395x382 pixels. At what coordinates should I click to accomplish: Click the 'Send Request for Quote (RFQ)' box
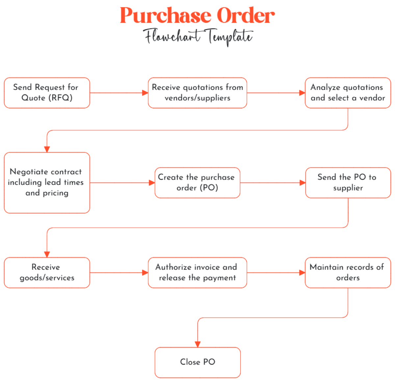pos(47,93)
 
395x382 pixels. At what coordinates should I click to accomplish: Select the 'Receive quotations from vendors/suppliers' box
pos(197,93)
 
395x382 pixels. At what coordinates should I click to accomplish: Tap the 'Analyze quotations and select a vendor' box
pos(348,93)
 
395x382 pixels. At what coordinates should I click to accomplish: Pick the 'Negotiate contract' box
pos(47,183)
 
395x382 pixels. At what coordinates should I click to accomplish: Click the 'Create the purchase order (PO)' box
pos(197,183)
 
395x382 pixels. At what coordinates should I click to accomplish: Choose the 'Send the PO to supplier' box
pos(348,183)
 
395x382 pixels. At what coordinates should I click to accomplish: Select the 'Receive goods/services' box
pos(47,273)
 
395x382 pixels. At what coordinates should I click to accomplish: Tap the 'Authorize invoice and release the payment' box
pos(197,273)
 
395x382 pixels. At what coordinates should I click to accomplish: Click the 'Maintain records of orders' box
pos(348,273)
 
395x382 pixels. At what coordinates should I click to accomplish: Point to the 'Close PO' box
pos(197,362)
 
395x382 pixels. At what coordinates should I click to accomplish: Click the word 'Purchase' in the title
pos(165,16)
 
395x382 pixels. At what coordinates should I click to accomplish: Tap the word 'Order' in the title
pos(246,16)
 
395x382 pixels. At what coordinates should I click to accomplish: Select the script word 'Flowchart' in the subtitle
pos(172,36)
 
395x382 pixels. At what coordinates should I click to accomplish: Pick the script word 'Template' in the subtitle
pos(230,37)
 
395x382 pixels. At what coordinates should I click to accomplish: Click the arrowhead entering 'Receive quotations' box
pos(145,93)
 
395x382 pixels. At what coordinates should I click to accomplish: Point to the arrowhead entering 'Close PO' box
pos(197,344)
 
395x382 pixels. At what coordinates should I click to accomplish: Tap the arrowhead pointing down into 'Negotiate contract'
pos(47,149)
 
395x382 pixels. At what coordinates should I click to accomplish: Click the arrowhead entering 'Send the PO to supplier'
pos(303,183)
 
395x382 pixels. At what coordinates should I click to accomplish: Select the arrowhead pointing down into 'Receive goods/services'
pos(47,254)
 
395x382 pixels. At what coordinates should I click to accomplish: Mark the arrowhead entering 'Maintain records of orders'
pos(302,273)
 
